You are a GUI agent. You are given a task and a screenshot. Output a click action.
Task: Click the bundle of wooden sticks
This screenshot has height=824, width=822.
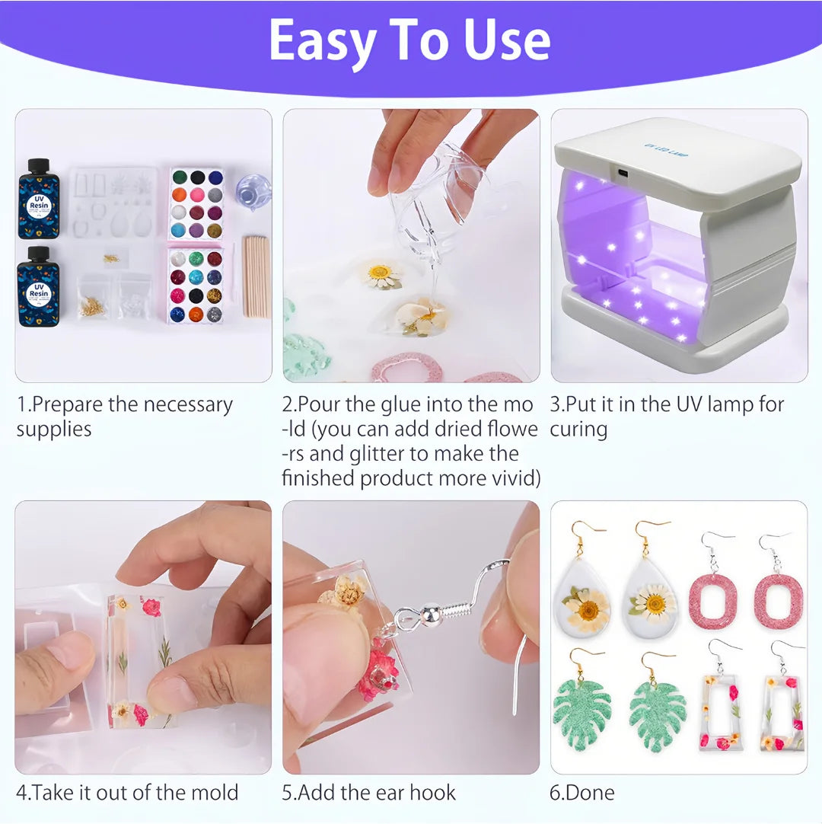(x=256, y=277)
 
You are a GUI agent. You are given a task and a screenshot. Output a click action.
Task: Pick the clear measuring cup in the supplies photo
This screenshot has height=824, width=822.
(x=253, y=192)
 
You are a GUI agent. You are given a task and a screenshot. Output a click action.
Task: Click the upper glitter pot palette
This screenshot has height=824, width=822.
(x=196, y=203)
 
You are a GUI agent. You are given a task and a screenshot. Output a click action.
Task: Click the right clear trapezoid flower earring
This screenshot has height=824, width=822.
(x=782, y=712)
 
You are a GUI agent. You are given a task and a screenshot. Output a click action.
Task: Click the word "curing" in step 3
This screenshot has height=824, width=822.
(x=578, y=430)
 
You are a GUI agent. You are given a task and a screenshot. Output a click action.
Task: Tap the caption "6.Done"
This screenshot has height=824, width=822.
(x=581, y=792)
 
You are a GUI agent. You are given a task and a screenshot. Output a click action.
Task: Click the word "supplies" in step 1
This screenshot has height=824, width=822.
(x=54, y=430)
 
